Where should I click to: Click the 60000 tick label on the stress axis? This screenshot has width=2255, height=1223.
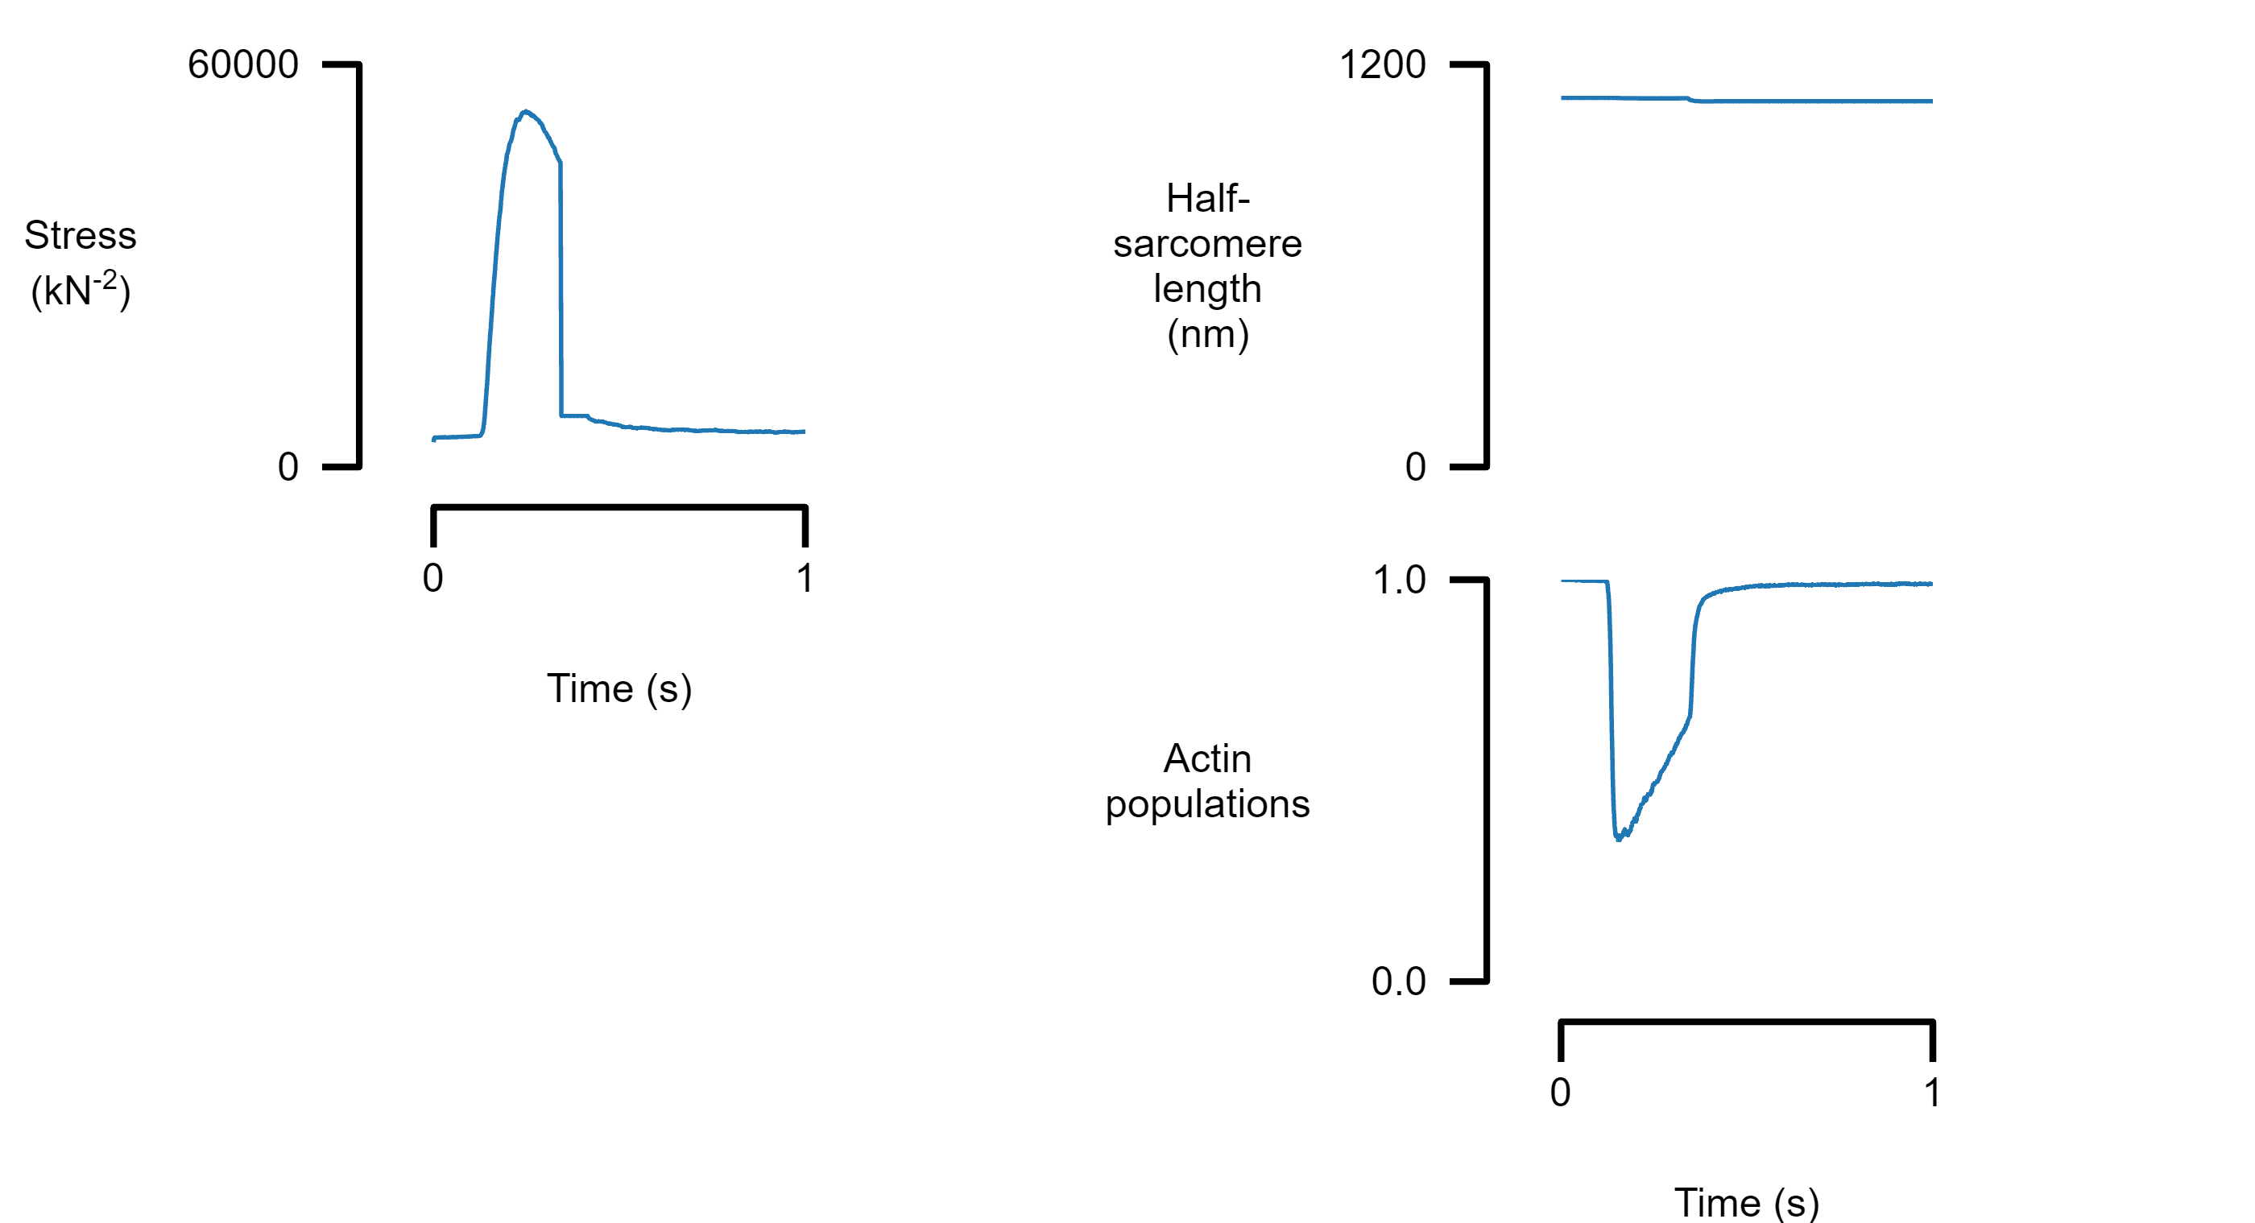click(x=242, y=64)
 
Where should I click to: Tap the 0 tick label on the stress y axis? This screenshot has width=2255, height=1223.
click(x=288, y=467)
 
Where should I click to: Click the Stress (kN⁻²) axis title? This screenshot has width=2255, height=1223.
click(x=80, y=262)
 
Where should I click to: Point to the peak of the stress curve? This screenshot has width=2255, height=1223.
click(x=524, y=111)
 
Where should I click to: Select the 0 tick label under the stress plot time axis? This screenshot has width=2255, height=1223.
click(x=432, y=578)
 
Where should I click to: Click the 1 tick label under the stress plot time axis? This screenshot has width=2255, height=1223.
click(x=805, y=578)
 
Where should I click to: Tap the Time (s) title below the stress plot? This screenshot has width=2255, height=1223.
click(x=619, y=688)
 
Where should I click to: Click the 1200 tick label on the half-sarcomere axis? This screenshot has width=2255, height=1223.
click(x=1382, y=64)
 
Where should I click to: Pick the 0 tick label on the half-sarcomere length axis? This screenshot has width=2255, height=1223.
click(x=1415, y=467)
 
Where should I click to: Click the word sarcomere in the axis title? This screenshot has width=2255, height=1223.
click(x=1207, y=243)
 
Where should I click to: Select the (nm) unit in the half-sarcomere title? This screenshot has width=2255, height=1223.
click(x=1207, y=333)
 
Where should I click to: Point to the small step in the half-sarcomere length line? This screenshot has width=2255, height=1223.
click(x=1691, y=100)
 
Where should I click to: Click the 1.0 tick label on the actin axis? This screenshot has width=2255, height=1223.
click(x=1399, y=580)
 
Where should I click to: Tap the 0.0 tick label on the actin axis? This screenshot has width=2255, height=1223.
click(x=1399, y=981)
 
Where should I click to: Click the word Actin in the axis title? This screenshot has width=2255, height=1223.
click(x=1207, y=758)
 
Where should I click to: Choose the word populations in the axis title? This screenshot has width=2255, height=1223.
click(x=1207, y=804)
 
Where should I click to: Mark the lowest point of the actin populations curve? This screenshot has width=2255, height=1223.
click(x=1618, y=839)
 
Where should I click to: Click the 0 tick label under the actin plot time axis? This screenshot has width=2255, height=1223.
click(x=1560, y=1093)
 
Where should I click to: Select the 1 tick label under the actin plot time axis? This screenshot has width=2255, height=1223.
click(x=1932, y=1093)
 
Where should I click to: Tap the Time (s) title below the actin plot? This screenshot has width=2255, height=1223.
click(x=1746, y=1203)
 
